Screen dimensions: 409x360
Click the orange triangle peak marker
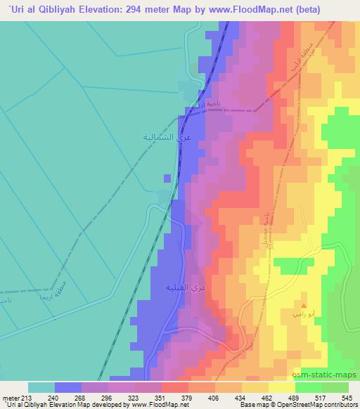tap(303, 306)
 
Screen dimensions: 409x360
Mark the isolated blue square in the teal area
tap(167, 177)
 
